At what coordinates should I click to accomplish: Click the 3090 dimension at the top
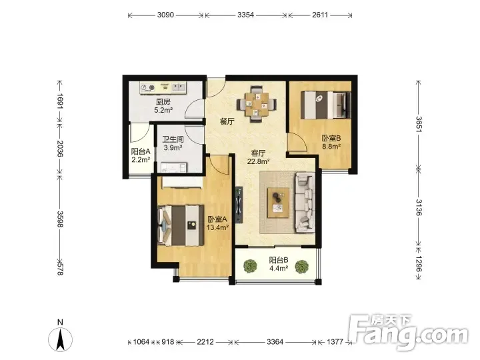165,15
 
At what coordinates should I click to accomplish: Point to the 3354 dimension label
245,15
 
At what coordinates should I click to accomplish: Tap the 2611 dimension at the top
320,15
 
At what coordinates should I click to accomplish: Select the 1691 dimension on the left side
60,101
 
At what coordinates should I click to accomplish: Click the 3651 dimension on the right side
419,124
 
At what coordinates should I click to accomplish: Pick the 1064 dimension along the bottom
141,341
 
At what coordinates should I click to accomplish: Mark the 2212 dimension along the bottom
205,341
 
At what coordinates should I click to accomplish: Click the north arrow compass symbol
60,339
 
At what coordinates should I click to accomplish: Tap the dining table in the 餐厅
257,104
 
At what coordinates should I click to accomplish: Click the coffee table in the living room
278,203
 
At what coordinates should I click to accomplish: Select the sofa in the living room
305,203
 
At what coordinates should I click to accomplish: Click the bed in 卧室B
326,105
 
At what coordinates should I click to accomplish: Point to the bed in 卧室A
181,225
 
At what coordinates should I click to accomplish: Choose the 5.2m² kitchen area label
163,110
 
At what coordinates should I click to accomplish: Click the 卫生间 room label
173,139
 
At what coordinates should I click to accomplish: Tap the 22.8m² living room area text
258,161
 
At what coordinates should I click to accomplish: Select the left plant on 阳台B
251,266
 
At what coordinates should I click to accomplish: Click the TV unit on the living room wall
239,205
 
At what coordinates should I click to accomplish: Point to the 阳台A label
141,151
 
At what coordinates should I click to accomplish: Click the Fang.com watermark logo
409,331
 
